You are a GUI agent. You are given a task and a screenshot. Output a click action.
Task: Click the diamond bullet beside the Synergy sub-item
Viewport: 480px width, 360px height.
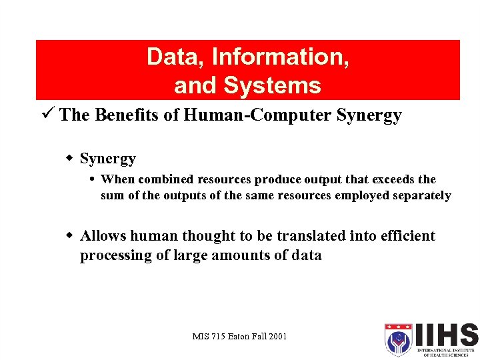[69, 159]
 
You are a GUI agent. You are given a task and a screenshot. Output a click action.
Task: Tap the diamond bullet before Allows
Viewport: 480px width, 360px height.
[69, 236]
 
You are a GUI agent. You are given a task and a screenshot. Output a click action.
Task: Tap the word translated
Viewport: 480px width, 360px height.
[310, 236]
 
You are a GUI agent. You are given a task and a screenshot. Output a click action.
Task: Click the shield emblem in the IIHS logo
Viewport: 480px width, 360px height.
[398, 339]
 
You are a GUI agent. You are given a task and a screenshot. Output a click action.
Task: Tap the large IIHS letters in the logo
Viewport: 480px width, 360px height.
[446, 335]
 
